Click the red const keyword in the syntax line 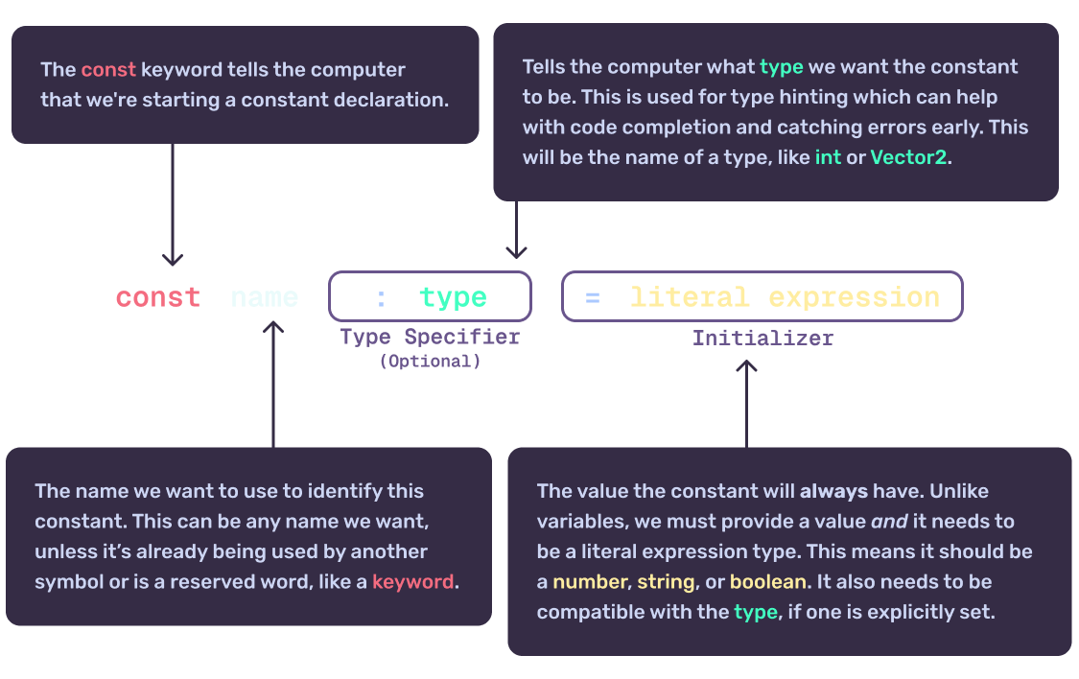(x=158, y=297)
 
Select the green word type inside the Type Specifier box (x=453, y=297)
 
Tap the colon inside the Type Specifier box (x=381, y=298)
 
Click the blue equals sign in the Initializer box (x=592, y=298)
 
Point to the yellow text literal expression (x=785, y=297)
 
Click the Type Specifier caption (x=430, y=338)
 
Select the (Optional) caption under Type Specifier (x=430, y=362)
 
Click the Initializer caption (x=762, y=339)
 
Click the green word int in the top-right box (x=828, y=158)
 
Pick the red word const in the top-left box (x=108, y=70)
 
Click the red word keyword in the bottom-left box (x=412, y=582)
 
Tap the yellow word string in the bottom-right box (x=666, y=582)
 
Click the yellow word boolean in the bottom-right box (x=764, y=582)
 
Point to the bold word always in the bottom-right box (x=833, y=491)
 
